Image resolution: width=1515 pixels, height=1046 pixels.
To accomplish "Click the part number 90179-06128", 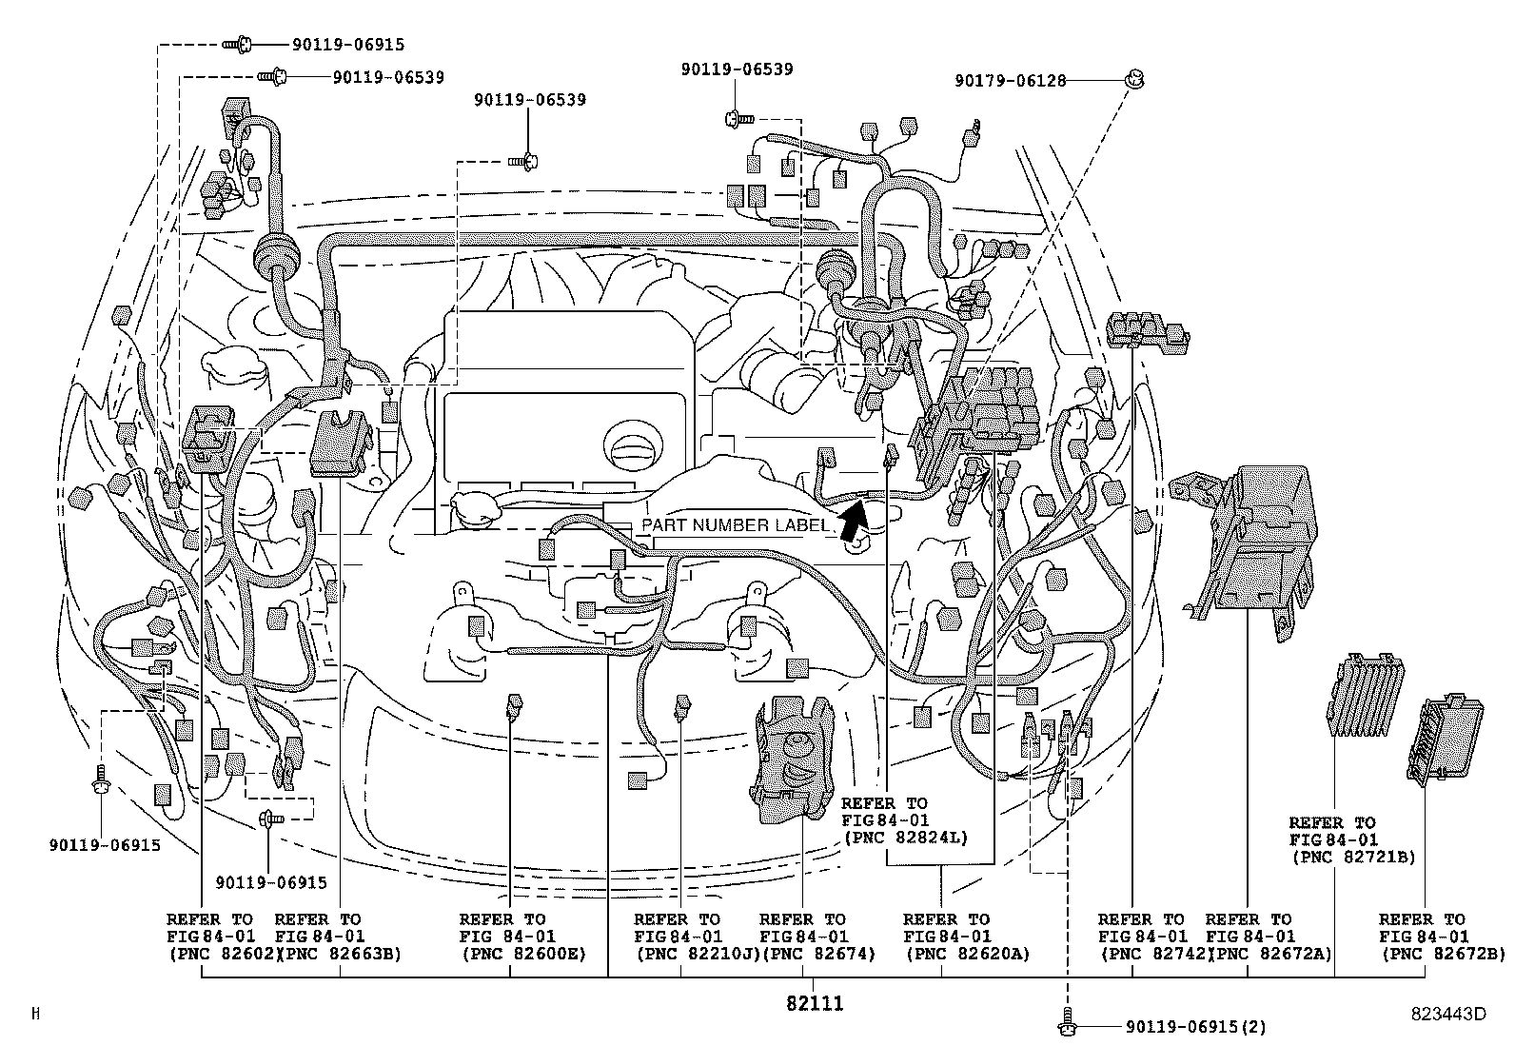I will tap(1009, 82).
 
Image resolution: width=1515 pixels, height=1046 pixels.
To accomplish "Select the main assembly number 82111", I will tap(815, 1003).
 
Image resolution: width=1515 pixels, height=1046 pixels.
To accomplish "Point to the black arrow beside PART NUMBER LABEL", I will tap(853, 521).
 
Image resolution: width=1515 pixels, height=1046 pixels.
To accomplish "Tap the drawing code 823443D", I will tap(1447, 1014).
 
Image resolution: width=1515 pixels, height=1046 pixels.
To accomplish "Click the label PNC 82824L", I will tap(904, 838).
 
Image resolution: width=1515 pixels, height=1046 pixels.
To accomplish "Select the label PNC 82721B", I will tap(1352, 857).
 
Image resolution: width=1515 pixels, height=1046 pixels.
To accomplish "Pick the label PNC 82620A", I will tap(966, 954).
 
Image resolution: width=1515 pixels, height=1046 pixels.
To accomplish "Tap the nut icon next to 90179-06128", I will tap(1133, 80).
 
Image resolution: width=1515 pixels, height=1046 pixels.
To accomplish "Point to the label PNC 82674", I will tap(818, 954).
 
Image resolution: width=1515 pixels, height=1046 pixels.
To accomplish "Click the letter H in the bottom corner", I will tap(36, 1014).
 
